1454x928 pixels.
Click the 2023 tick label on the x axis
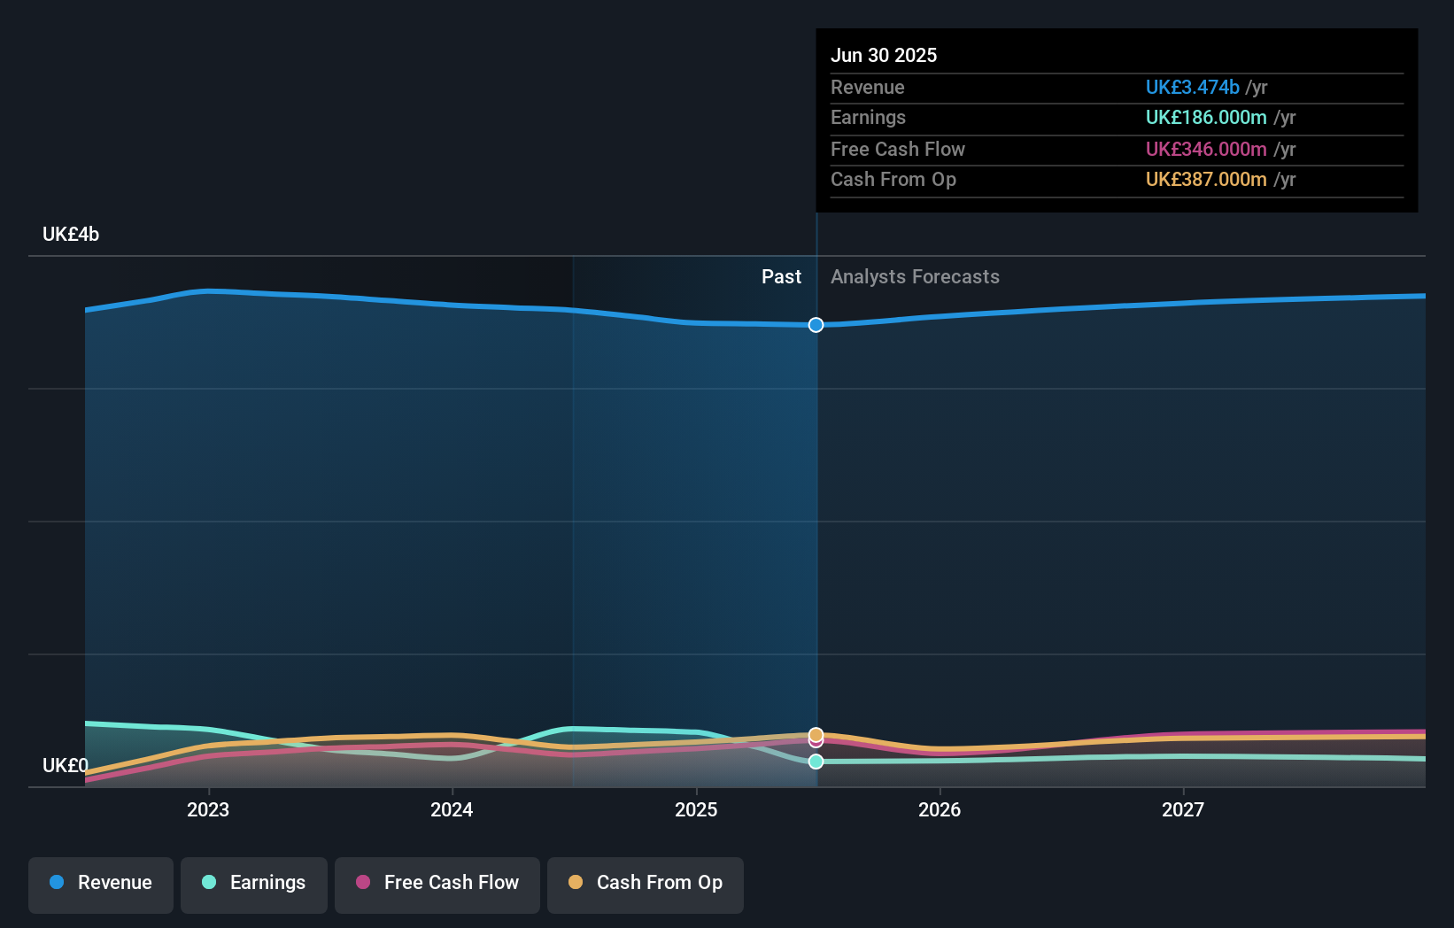pyautogui.click(x=208, y=809)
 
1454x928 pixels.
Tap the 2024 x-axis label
pyautogui.click(x=452, y=809)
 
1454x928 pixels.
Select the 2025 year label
pyautogui.click(x=696, y=809)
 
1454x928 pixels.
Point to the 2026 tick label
pyautogui.click(x=940, y=809)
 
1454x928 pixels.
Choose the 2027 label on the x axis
pyautogui.click(x=1183, y=809)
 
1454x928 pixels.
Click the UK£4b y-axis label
pyautogui.click(x=71, y=235)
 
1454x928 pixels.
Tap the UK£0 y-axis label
pyautogui.click(x=66, y=765)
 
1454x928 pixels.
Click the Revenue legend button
pyautogui.click(x=101, y=883)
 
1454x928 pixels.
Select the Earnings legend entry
pyautogui.click(x=254, y=883)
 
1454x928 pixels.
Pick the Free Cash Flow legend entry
pyautogui.click(x=437, y=883)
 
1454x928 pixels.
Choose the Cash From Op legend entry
pyautogui.click(x=646, y=883)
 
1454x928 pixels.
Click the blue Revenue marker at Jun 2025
pyautogui.click(x=816, y=325)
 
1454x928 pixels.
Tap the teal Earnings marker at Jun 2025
pyautogui.click(x=816, y=762)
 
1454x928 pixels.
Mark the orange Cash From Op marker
pyautogui.click(x=816, y=735)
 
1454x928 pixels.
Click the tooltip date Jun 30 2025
pyautogui.click(x=884, y=55)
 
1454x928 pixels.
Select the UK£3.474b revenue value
pyautogui.click(x=1192, y=88)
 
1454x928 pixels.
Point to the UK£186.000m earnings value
pyautogui.click(x=1206, y=118)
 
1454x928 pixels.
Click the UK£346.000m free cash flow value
pyautogui.click(x=1206, y=150)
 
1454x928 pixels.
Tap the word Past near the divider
pyautogui.click(x=781, y=277)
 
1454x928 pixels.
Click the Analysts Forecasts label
pyautogui.click(x=915, y=277)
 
